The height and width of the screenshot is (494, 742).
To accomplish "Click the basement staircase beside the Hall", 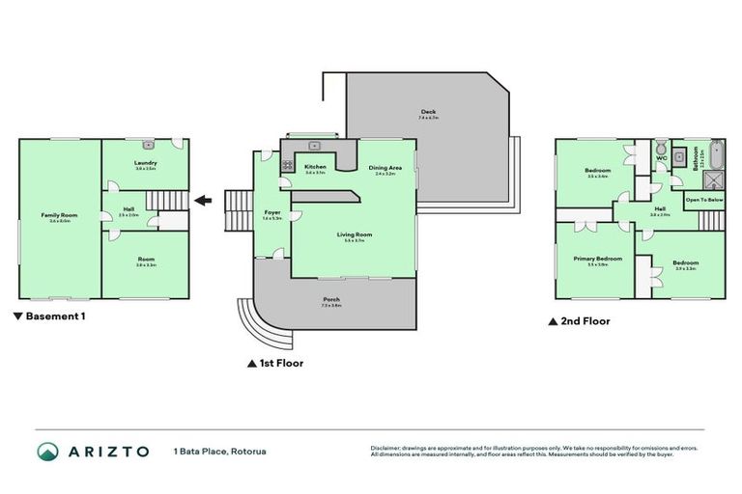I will pyautogui.click(x=171, y=221).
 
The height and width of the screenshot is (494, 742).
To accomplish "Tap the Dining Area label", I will pyautogui.click(x=385, y=168).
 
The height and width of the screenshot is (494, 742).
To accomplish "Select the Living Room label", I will pyautogui.click(x=355, y=234).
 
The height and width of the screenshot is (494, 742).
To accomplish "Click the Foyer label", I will pyautogui.click(x=272, y=213).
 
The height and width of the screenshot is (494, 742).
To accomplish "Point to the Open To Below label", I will pyautogui.click(x=702, y=201).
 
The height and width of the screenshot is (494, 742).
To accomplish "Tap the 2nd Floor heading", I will pyautogui.click(x=584, y=321).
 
